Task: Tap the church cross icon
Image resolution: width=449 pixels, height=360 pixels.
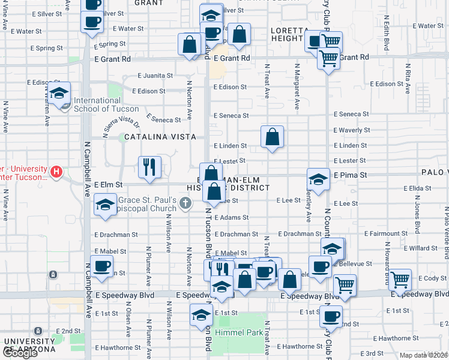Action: [x=186, y=205]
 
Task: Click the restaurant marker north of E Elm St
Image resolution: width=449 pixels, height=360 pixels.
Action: [x=149, y=167]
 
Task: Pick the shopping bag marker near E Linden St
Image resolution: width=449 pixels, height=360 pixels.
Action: [x=273, y=138]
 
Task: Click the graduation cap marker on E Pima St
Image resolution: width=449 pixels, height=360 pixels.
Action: [x=318, y=179]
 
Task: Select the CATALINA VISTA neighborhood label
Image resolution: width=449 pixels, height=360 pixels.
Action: [x=160, y=137]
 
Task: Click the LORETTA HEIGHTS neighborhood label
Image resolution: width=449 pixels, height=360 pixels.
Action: [x=282, y=34]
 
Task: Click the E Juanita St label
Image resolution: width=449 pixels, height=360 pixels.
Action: [x=155, y=76]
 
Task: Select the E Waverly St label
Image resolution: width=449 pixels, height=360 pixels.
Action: [x=351, y=130]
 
